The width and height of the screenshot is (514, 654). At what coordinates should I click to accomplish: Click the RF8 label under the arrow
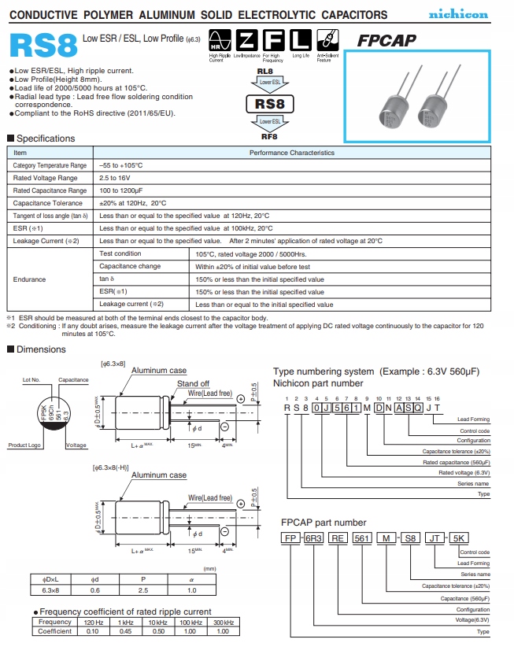click(x=269, y=136)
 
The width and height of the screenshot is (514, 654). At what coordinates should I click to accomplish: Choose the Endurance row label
click(x=30, y=279)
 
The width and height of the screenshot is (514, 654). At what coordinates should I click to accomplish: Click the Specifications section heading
click(x=46, y=139)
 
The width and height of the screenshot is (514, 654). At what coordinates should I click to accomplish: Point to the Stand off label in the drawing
click(x=193, y=384)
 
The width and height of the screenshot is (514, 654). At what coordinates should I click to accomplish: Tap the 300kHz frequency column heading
click(x=224, y=622)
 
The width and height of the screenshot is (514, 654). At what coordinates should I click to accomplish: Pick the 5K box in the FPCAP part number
click(x=460, y=538)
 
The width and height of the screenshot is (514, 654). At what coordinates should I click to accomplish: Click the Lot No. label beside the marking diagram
click(x=31, y=380)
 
